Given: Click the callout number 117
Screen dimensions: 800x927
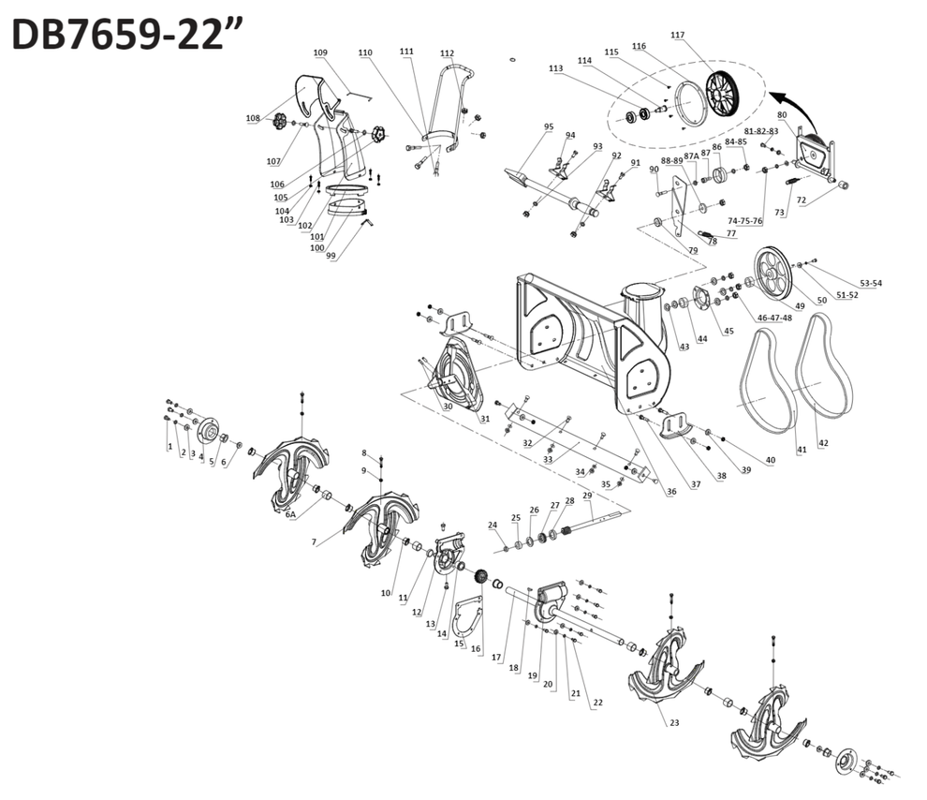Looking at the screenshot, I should pos(678,36).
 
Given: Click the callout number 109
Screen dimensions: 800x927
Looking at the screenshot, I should pos(320,52).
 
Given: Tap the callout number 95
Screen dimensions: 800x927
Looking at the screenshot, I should pos(549,126).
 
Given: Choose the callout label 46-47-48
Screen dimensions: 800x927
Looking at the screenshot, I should pos(773,319).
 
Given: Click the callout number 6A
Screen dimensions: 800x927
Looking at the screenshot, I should pos(291,515).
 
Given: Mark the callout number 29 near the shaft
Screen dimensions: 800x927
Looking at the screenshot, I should pos(587,495).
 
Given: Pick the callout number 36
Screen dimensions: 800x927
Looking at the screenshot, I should pos(671,491).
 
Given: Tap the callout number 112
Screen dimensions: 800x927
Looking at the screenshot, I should pos(447,53).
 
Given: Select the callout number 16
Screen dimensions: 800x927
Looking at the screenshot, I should pos(476,648).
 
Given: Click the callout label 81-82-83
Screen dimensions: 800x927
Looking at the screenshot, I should pos(761,131).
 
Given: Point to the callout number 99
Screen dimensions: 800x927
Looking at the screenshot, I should pos(331,256).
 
